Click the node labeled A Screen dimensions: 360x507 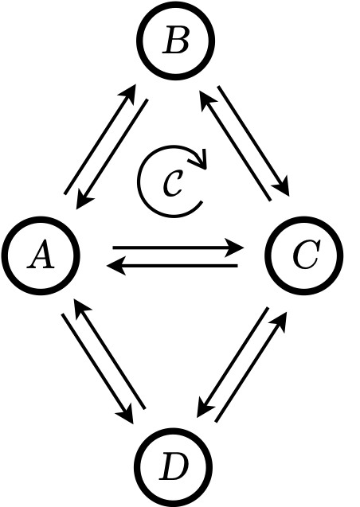tap(41, 255)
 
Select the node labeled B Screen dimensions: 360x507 tap(176, 41)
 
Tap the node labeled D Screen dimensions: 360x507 tap(174, 467)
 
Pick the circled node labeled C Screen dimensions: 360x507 tap(304, 255)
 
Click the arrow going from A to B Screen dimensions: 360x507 tap(100, 139)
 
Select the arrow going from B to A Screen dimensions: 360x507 tap(112, 154)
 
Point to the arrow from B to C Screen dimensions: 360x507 tap(253, 141)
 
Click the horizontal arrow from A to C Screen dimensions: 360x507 tap(178, 248)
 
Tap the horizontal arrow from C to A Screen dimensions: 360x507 tap(172, 266)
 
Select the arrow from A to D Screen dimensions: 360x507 tap(97, 369)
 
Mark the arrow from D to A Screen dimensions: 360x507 tap(110, 354)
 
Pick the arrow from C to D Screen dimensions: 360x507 tap(233, 362)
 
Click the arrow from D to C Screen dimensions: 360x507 tap(252, 367)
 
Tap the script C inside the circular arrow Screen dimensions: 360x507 tap(173, 183)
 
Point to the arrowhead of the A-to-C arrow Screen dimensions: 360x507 tap(234, 248)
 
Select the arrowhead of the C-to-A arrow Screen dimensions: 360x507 tap(116, 266)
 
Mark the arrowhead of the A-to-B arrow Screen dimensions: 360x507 tap(128, 94)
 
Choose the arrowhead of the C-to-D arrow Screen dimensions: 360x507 tap(204, 408)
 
